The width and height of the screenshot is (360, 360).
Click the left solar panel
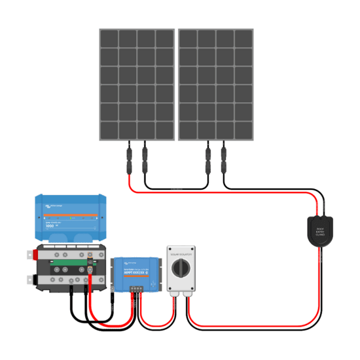(x=137, y=84)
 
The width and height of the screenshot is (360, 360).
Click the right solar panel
(x=216, y=84)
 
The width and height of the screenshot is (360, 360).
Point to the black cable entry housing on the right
(x=320, y=231)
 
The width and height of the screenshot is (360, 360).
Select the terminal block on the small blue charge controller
(x=136, y=287)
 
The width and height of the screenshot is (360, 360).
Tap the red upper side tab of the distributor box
(x=30, y=255)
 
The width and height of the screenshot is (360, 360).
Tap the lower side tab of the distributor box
(x=30, y=279)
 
